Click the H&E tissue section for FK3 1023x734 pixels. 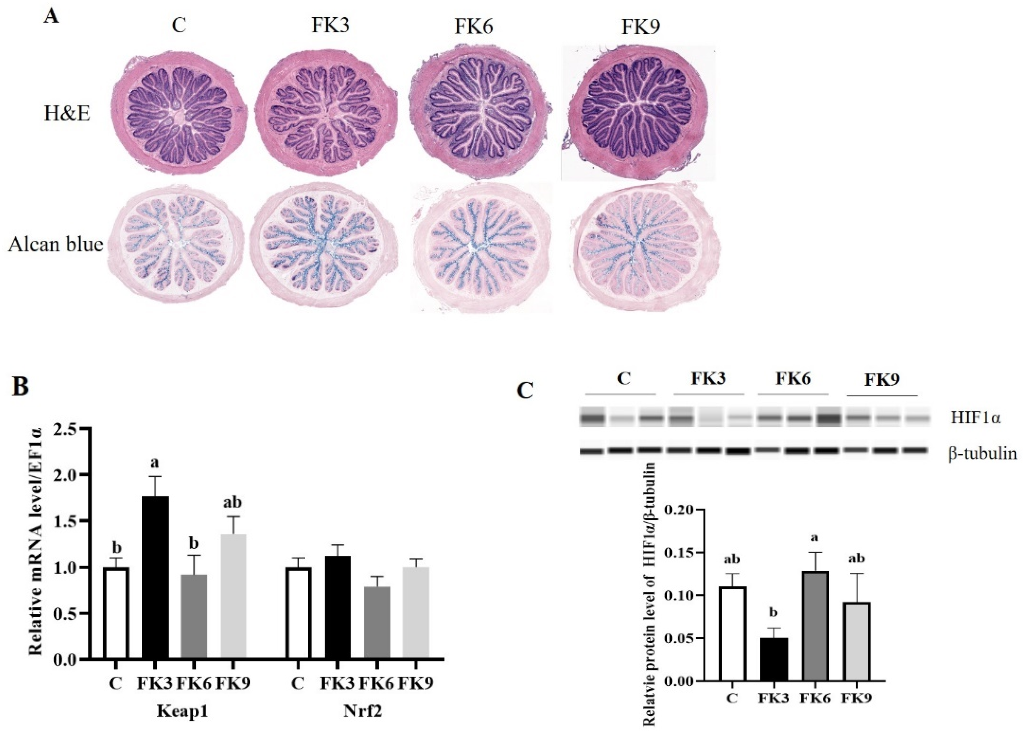tap(326, 113)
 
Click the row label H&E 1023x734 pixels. tap(67, 114)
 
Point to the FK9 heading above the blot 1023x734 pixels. tap(882, 379)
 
